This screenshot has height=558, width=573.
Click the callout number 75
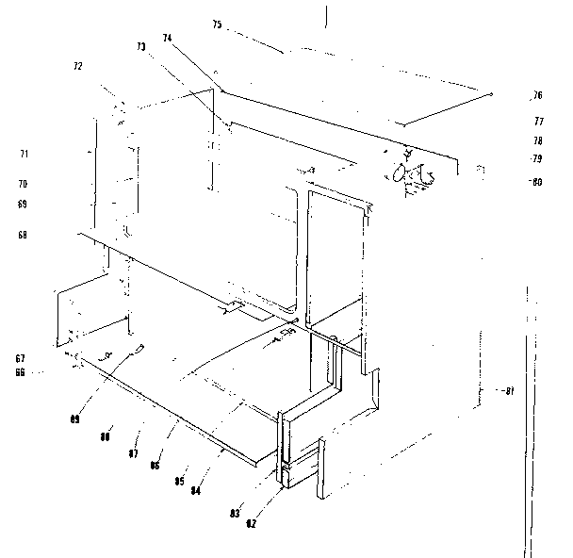(217, 24)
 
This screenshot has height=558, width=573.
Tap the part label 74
(167, 39)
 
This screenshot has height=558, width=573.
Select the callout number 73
(141, 47)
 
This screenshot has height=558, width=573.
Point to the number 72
(78, 67)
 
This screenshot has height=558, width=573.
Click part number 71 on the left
(25, 153)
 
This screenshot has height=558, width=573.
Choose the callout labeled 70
(23, 184)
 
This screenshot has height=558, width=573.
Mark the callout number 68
(23, 235)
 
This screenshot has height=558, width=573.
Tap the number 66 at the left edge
(20, 372)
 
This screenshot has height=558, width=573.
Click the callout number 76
(537, 95)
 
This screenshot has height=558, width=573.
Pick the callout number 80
(536, 182)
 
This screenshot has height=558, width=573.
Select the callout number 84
(196, 488)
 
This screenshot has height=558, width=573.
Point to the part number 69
(23, 204)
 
